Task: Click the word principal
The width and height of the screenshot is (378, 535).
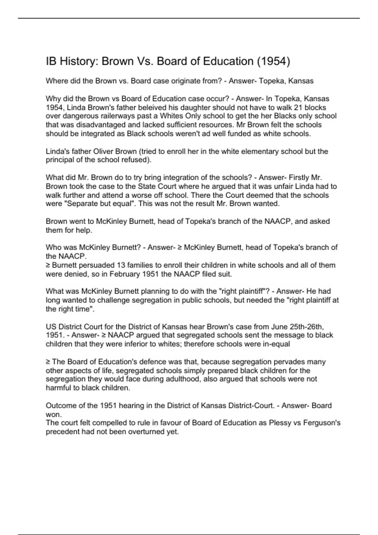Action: point(60,160)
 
